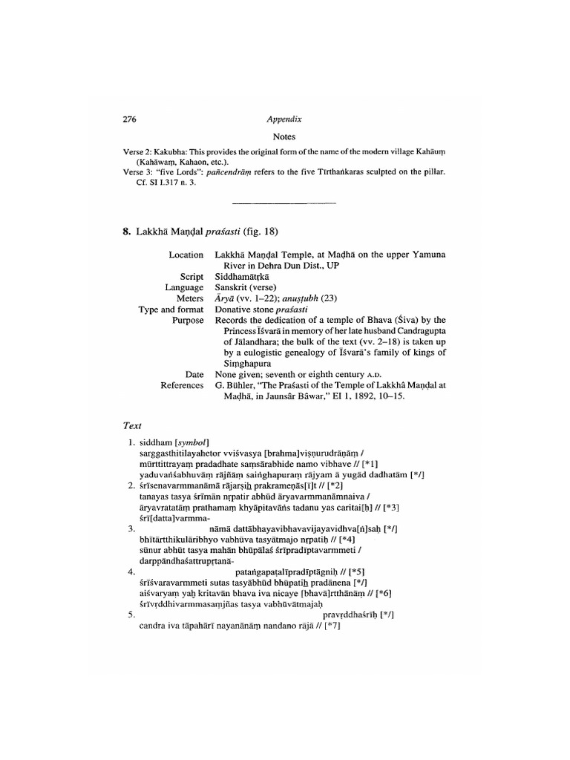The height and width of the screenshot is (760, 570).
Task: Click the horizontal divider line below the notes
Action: pos(284,203)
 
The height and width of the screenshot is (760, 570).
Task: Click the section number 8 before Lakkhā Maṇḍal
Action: pos(125,231)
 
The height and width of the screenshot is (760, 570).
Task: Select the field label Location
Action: pos(186,255)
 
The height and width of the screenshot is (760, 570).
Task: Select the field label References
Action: pos(182,386)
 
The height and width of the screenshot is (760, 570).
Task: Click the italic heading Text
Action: pos(131,426)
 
